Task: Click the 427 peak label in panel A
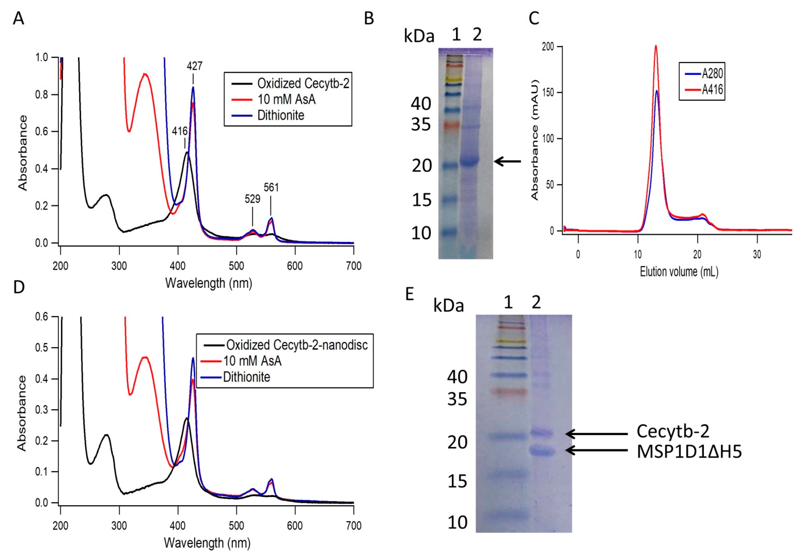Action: pyautogui.click(x=194, y=66)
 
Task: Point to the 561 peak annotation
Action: pyautogui.click(x=271, y=188)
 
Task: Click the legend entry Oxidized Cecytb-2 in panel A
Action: pyautogui.click(x=303, y=84)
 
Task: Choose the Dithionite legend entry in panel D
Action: pyautogui.click(x=246, y=377)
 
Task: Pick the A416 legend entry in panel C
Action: pyautogui.click(x=712, y=90)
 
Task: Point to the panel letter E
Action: pyautogui.click(x=410, y=294)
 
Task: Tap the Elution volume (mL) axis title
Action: pyautogui.click(x=679, y=272)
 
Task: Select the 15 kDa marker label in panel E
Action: pyautogui.click(x=457, y=482)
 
